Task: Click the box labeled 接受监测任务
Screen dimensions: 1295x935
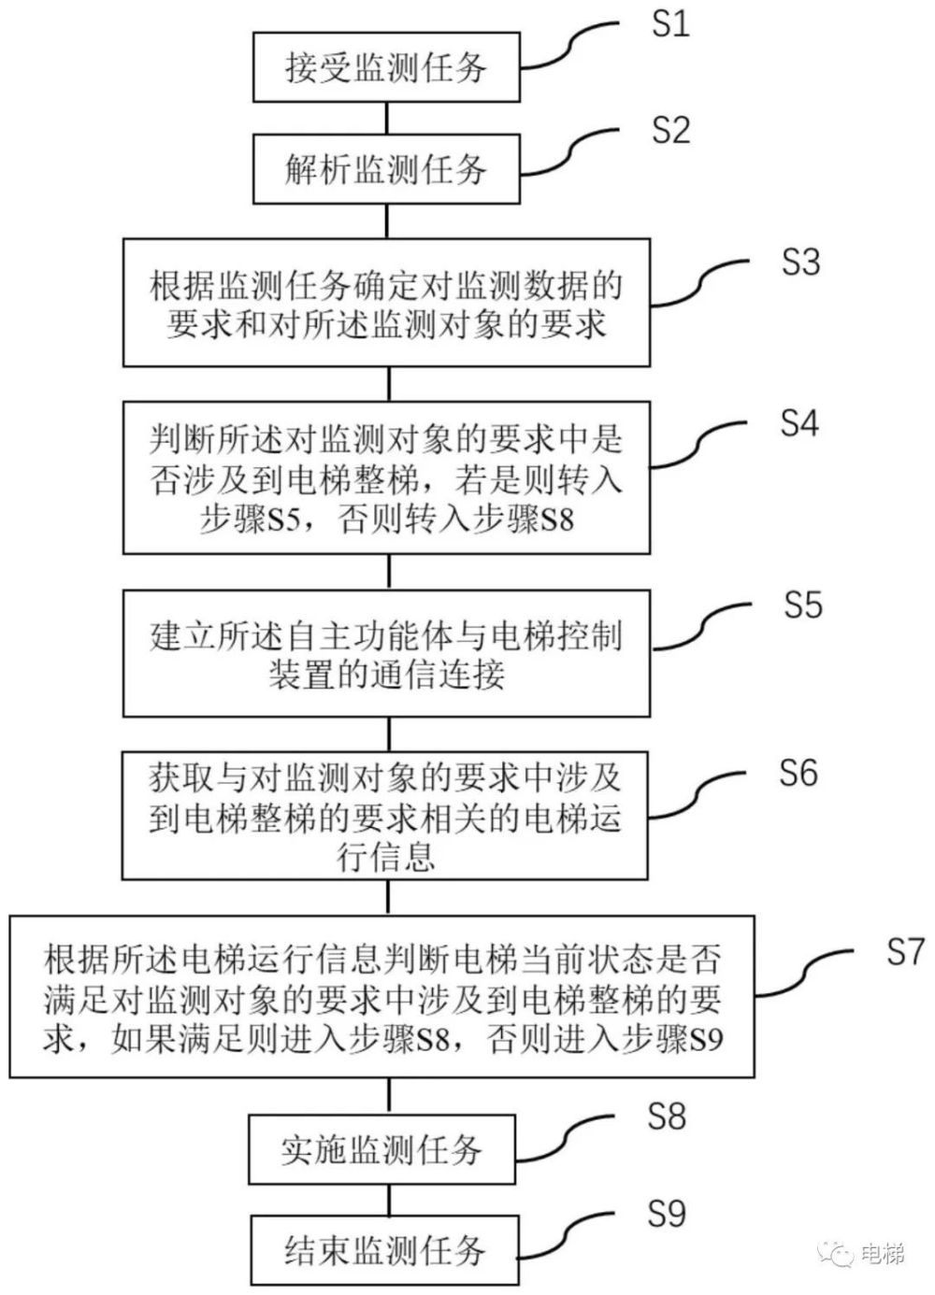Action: coord(386,68)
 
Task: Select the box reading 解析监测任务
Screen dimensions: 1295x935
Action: coord(386,169)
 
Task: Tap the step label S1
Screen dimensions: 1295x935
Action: coord(670,23)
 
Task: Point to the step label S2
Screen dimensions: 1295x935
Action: coord(670,130)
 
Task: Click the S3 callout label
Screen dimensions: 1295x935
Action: coord(800,263)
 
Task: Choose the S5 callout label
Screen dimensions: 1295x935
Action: coord(802,605)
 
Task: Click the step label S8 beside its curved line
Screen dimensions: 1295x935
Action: coord(667,1116)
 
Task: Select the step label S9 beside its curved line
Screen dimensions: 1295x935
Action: coord(667,1214)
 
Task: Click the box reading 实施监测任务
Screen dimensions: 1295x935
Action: coord(381,1149)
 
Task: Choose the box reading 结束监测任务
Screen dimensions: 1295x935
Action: coord(384,1249)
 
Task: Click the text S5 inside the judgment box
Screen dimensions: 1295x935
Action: coord(282,519)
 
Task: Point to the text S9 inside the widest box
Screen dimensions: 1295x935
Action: coord(707,1040)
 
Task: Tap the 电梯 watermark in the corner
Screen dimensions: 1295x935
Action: coord(882,1253)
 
